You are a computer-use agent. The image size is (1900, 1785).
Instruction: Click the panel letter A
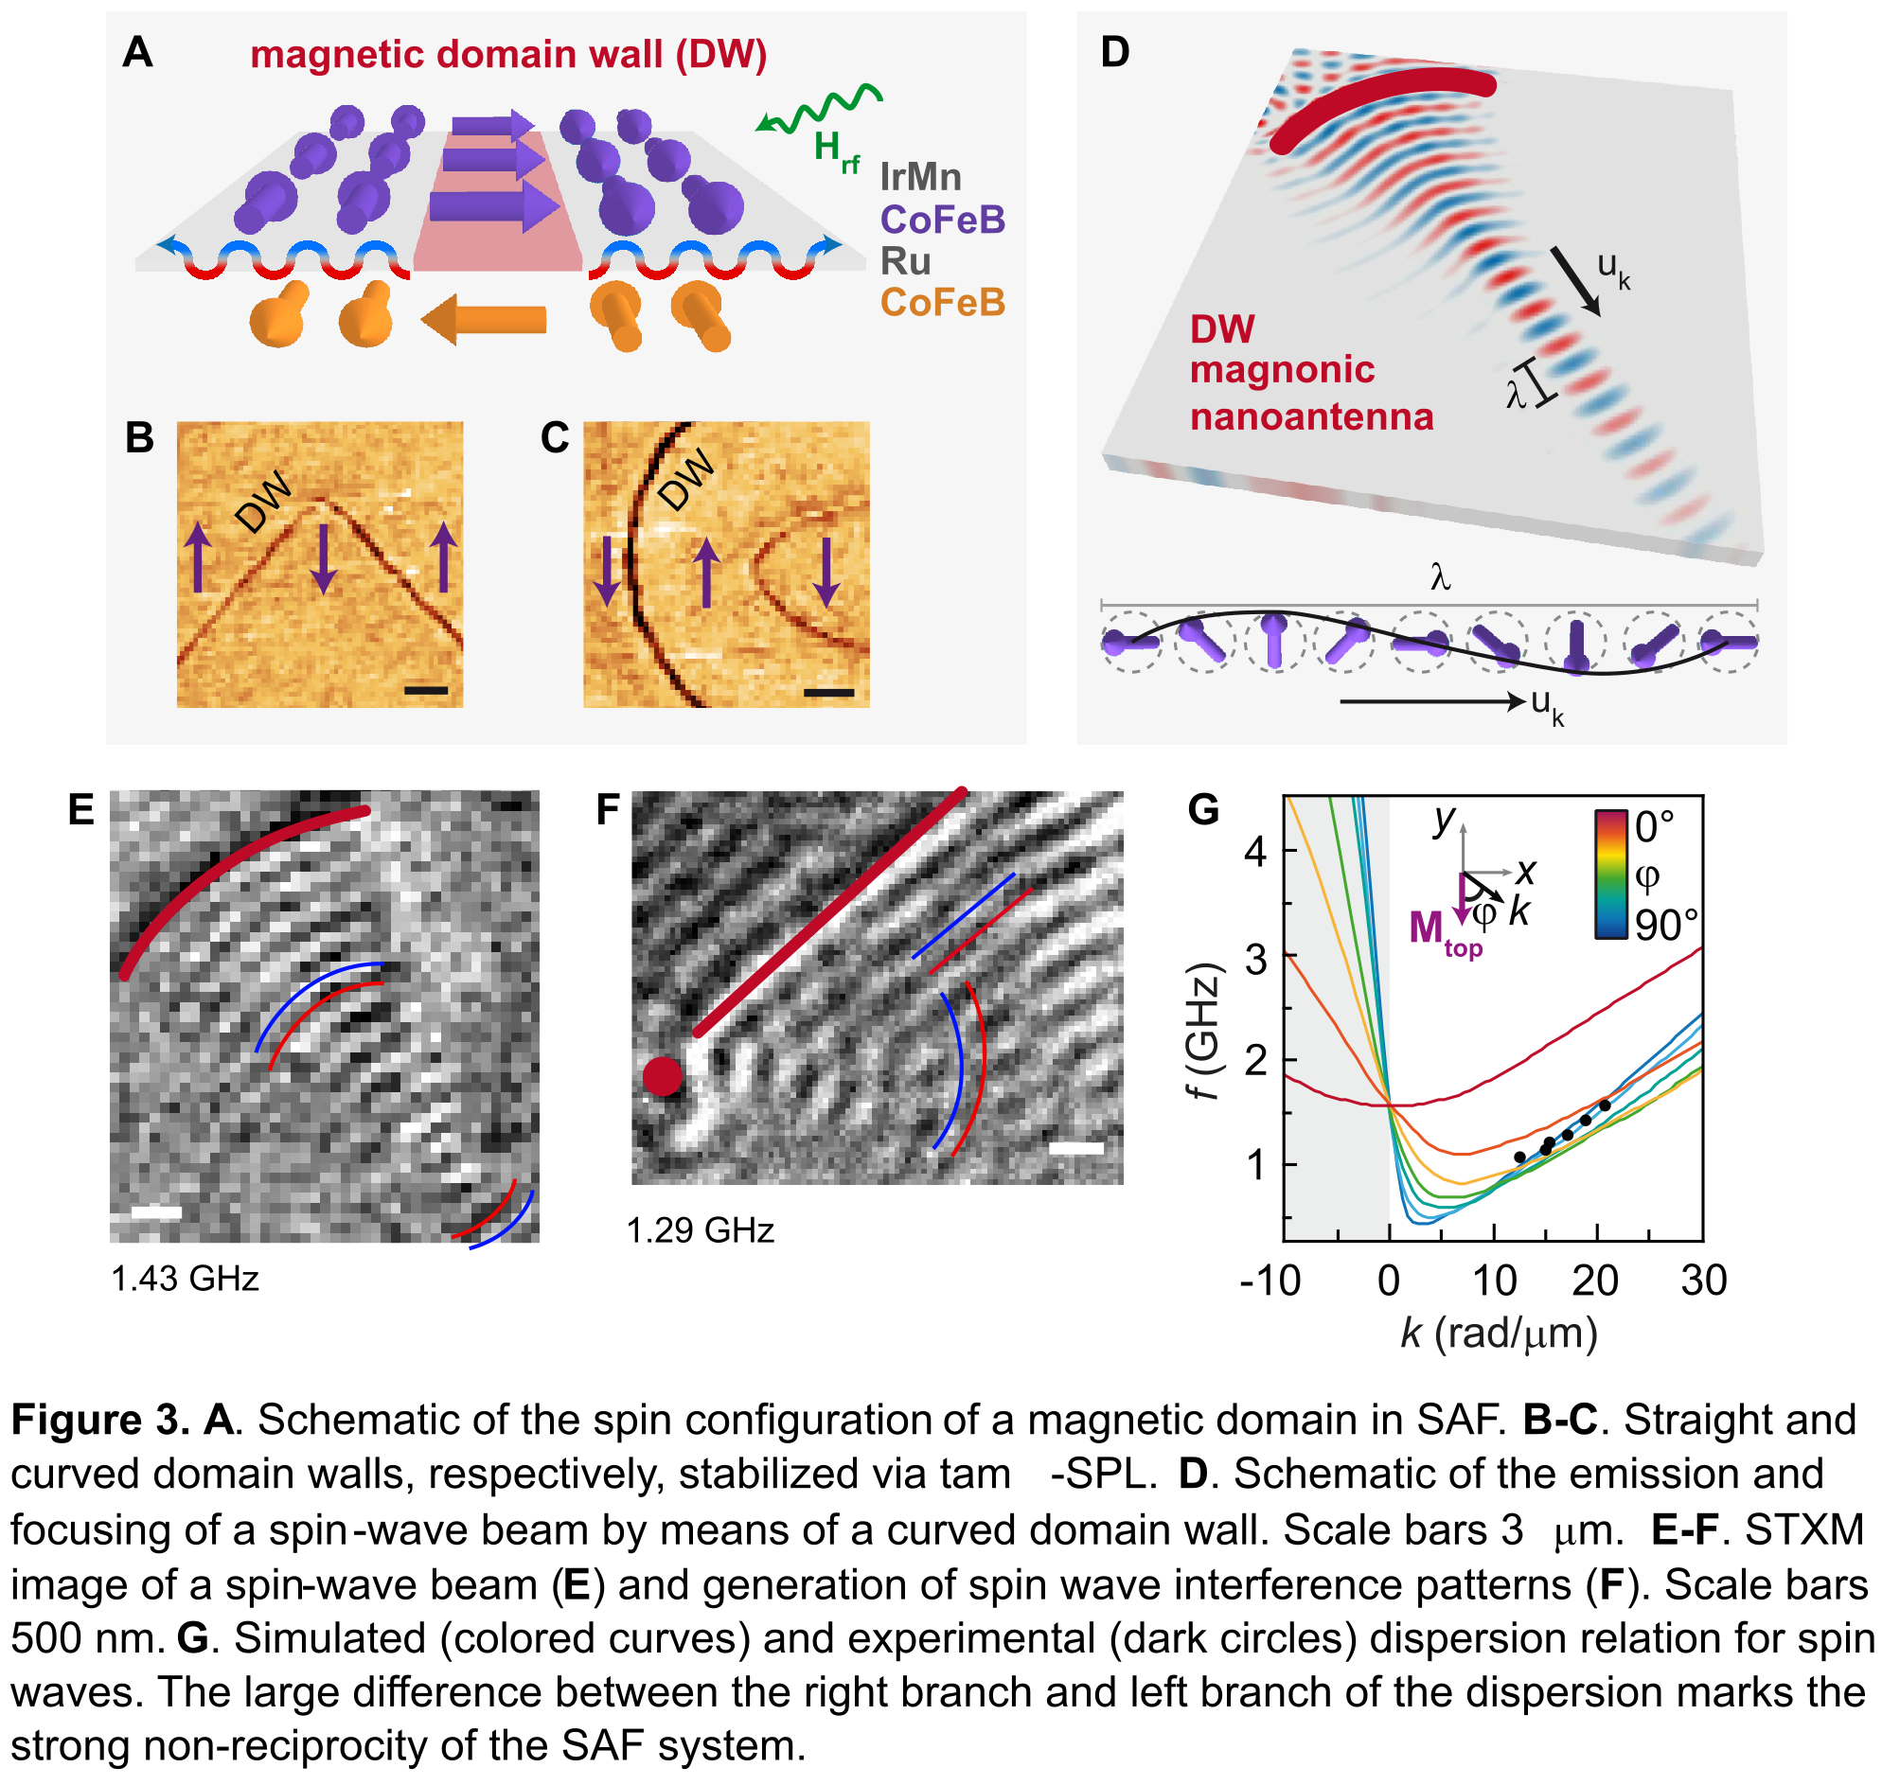[137, 52]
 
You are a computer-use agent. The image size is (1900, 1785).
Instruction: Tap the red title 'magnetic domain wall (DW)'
[508, 55]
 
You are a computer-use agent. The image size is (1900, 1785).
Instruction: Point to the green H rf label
[835, 150]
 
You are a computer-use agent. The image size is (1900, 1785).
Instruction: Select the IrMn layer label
[920, 177]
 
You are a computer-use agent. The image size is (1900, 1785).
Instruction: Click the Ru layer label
[905, 261]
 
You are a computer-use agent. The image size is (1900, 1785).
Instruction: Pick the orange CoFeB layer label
[942, 302]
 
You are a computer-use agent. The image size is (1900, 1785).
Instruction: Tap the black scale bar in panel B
[426, 689]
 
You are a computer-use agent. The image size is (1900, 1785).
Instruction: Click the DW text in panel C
[686, 479]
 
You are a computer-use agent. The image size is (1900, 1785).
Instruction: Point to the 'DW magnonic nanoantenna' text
[1310, 372]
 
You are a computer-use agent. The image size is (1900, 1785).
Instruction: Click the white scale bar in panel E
[156, 1212]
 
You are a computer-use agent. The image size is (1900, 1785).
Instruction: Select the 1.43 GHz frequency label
[185, 1279]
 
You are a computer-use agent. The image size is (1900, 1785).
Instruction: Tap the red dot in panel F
[663, 1076]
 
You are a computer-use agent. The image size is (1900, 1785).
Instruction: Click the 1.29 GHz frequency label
[701, 1229]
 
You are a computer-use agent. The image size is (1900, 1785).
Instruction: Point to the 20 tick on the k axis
[1595, 1281]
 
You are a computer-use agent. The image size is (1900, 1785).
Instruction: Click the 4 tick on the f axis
[1256, 851]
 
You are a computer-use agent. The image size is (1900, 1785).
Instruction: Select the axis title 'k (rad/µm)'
[1499, 1332]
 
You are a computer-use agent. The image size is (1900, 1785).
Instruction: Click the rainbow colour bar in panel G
[1610, 875]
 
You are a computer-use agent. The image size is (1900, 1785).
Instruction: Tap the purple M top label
[1443, 930]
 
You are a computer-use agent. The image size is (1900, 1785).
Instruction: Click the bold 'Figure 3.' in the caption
[100, 1420]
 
